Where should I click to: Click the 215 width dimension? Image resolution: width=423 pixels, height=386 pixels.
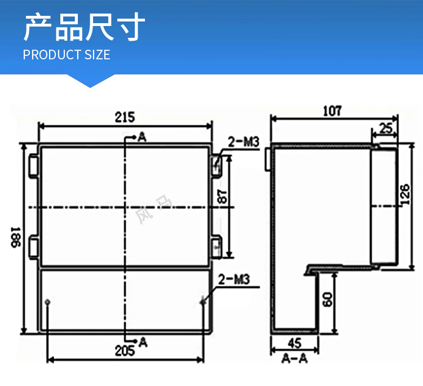click(x=125, y=118)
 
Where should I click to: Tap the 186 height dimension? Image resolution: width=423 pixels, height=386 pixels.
click(x=16, y=237)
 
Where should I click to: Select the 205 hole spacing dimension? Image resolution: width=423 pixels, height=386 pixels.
click(x=125, y=351)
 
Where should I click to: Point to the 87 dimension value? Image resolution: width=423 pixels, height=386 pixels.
click(x=223, y=197)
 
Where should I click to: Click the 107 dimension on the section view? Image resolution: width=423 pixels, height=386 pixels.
click(x=332, y=111)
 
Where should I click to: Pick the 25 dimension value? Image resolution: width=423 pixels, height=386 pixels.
click(x=386, y=128)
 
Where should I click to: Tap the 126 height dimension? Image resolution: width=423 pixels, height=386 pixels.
click(x=405, y=194)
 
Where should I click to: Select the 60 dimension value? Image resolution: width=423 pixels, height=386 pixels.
click(x=328, y=299)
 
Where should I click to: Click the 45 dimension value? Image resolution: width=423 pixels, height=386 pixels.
click(x=294, y=343)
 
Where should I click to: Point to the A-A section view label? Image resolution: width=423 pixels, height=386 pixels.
click(x=294, y=358)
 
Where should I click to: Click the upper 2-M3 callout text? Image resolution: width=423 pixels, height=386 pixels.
click(x=243, y=142)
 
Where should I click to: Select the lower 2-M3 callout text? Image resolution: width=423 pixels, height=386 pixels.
click(x=233, y=279)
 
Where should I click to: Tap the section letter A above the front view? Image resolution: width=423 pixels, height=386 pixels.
click(x=142, y=137)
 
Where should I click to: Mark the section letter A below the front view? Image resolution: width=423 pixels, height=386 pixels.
click(x=143, y=342)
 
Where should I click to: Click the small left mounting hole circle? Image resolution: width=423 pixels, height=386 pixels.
click(x=47, y=302)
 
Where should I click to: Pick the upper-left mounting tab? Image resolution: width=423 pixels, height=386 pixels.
click(x=34, y=166)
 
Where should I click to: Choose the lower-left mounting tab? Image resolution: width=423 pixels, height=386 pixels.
click(x=34, y=246)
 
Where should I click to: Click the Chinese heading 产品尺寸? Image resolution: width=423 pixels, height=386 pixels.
click(x=85, y=27)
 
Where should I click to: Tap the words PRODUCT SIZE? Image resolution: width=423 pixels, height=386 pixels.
click(x=67, y=55)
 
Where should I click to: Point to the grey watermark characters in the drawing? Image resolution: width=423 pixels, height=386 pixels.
click(x=153, y=210)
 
